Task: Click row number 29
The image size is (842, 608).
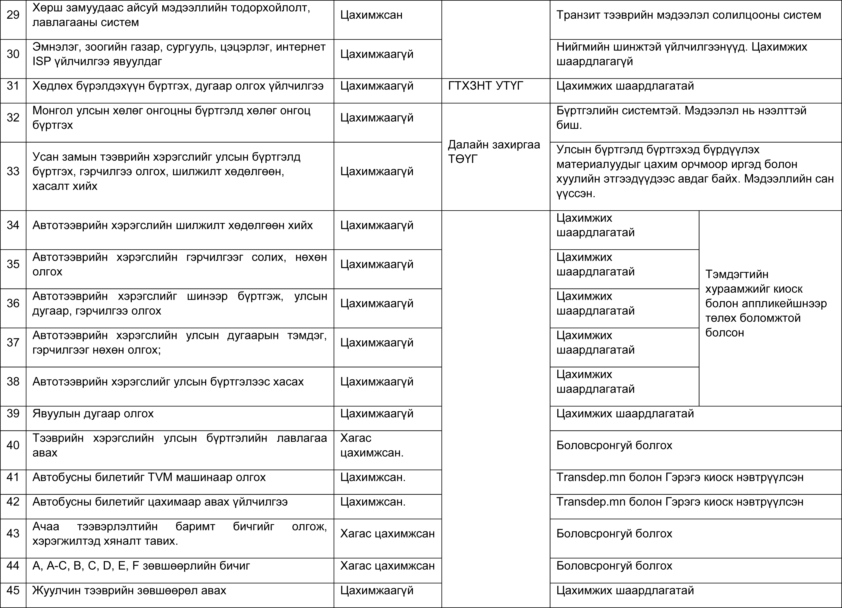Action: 13,15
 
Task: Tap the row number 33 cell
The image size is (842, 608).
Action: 13,171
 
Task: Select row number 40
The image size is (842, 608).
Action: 13,445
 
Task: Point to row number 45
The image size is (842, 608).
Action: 13,590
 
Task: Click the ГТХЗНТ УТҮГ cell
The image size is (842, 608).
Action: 486,86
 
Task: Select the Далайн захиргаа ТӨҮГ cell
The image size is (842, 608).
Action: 494,152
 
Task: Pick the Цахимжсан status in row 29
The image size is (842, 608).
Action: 371,15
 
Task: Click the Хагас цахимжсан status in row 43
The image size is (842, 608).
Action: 387,533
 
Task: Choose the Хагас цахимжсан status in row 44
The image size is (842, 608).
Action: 387,566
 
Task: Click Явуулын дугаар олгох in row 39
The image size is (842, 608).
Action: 93,414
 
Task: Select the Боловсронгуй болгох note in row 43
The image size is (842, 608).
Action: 614,533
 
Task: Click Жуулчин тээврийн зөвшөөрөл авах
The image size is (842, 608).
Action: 129,590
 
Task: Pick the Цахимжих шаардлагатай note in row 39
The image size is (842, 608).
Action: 625,414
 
